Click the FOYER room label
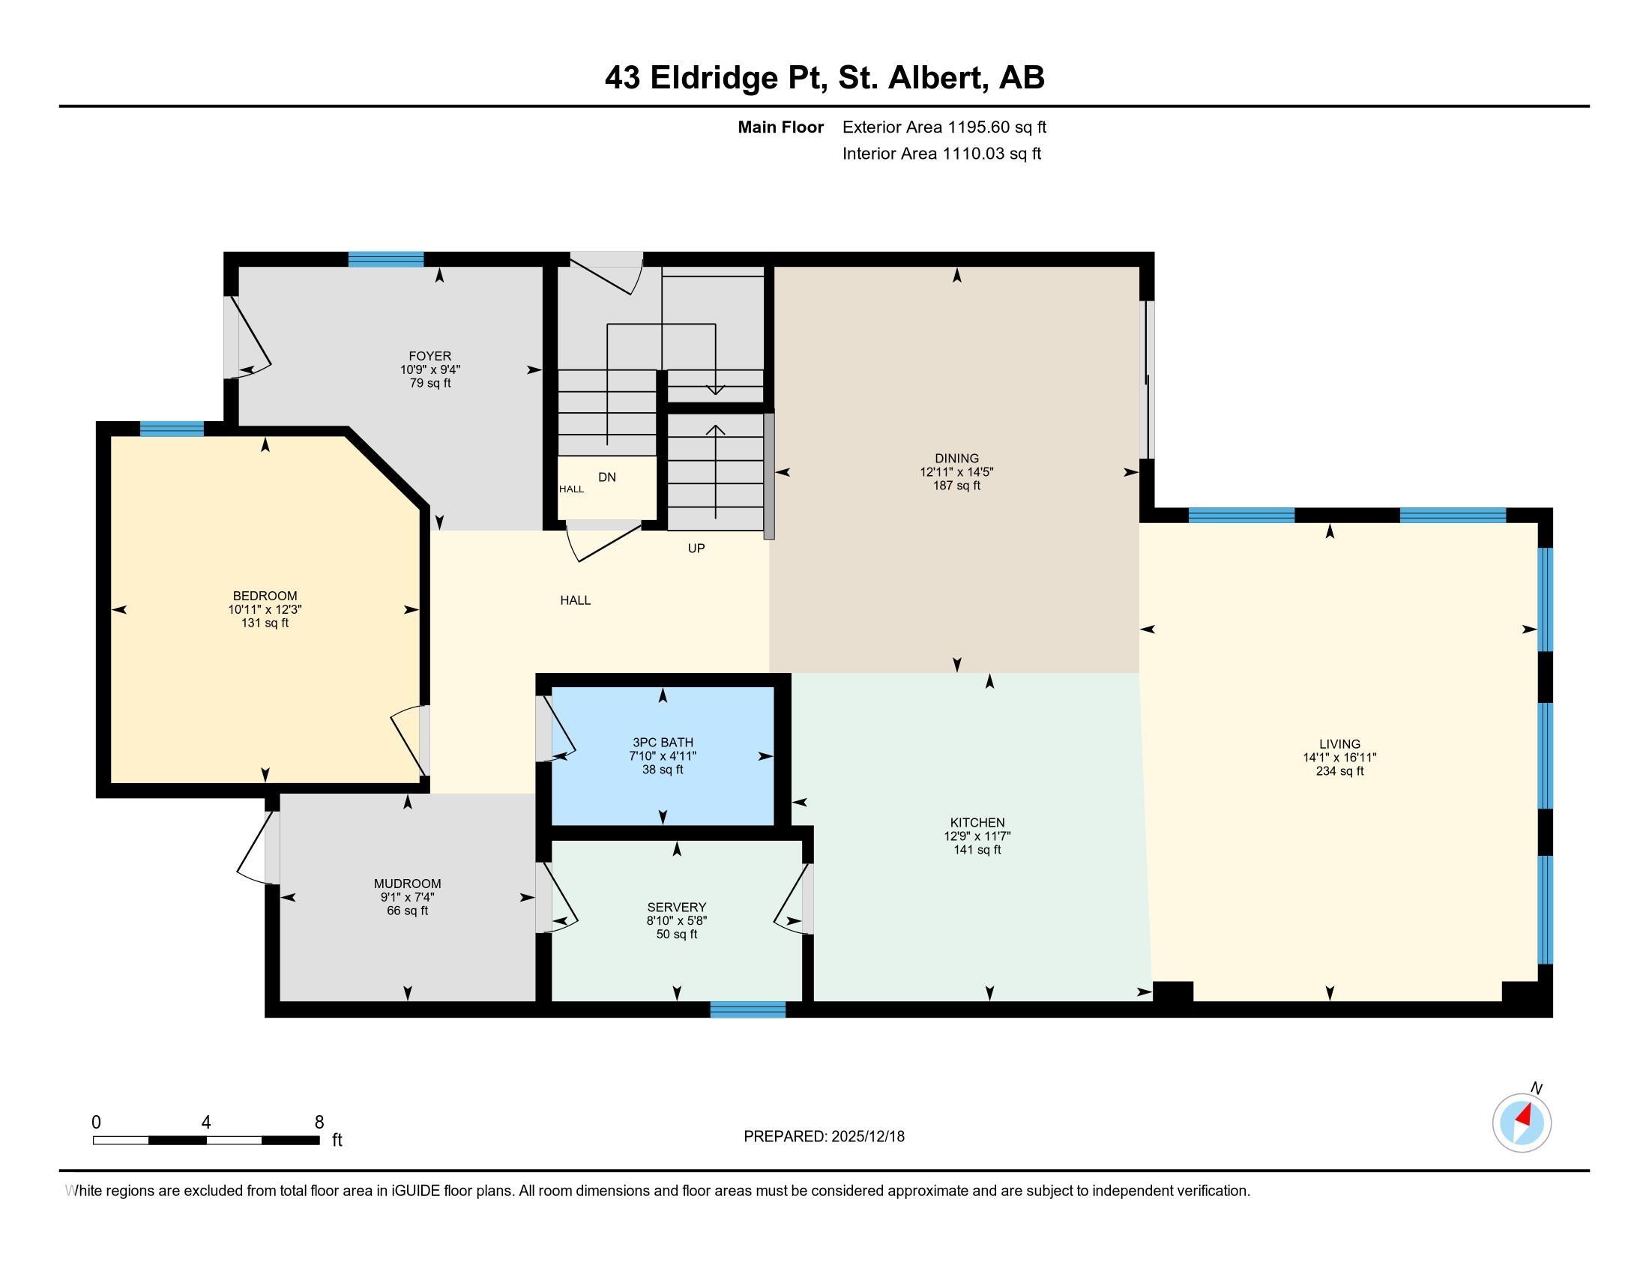coord(429,356)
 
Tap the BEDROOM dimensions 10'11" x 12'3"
coord(265,610)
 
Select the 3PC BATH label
coord(662,743)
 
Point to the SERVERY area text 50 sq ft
coord(677,935)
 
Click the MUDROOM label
coord(407,884)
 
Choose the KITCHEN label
coord(977,823)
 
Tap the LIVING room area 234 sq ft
coord(1339,771)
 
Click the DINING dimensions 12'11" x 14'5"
coord(956,471)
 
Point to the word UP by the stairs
coord(696,549)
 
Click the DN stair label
coord(607,477)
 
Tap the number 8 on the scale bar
coord(319,1122)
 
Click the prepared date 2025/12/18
coord(867,1137)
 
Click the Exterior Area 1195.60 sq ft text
coord(944,127)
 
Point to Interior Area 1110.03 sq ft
coord(941,154)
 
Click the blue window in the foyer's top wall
coord(386,259)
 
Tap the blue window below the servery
coord(747,1010)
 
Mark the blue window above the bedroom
coord(172,429)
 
